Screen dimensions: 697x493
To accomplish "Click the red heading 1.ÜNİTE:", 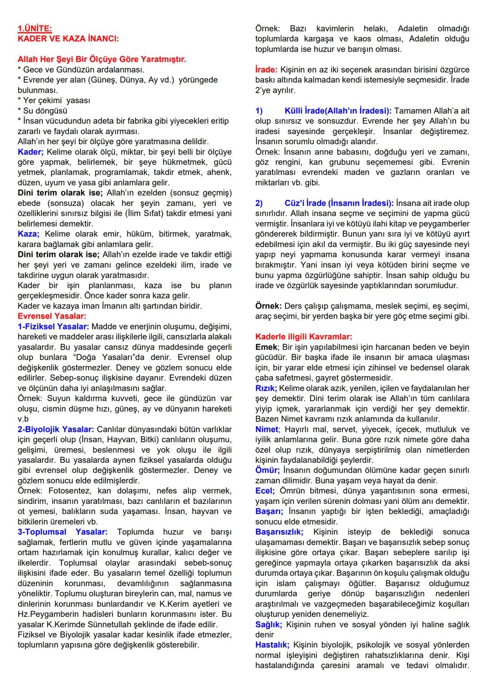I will [x=35, y=29].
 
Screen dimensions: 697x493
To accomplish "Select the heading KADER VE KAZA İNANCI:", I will [x=68, y=39].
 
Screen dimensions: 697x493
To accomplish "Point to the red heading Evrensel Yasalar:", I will [x=52, y=316].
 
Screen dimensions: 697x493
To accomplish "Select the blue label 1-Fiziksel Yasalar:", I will [x=53, y=326].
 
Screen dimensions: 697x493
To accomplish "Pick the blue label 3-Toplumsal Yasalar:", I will [x=63, y=532].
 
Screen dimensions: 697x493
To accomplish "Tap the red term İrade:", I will [x=266, y=70].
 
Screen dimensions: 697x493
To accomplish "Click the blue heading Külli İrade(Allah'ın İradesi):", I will [x=338, y=111].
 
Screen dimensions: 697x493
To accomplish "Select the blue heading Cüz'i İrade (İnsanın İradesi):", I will [x=339, y=203].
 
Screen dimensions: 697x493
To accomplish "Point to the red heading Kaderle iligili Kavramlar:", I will [x=304, y=337].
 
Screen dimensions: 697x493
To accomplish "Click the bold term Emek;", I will [x=267, y=347].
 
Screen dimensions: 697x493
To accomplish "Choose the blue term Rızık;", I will [x=266, y=388].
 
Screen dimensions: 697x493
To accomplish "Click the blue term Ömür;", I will [x=267, y=470].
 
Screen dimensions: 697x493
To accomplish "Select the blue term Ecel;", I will [x=265, y=491].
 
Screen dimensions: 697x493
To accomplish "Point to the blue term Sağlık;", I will [x=269, y=624].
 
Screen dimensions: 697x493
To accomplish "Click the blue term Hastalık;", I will [x=273, y=645].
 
